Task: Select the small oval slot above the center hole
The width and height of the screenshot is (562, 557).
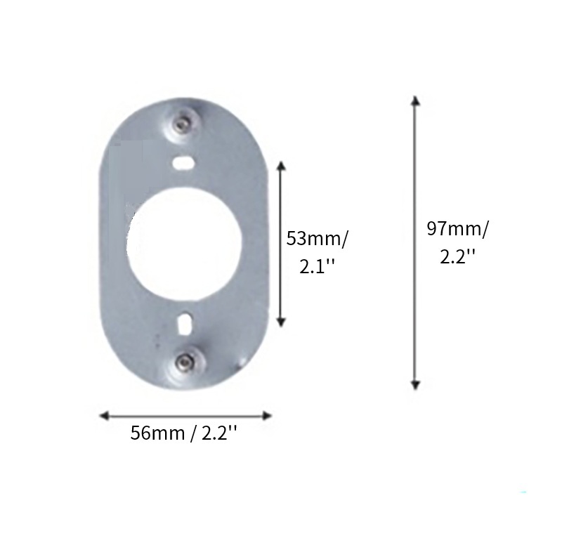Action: click(183, 162)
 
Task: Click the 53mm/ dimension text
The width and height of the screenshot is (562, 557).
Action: click(318, 238)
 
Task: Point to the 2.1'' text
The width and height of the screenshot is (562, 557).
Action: click(317, 266)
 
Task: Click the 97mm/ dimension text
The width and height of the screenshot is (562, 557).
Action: click(458, 228)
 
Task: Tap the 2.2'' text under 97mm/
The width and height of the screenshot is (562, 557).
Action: click(458, 256)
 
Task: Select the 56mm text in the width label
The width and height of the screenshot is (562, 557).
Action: click(157, 433)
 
